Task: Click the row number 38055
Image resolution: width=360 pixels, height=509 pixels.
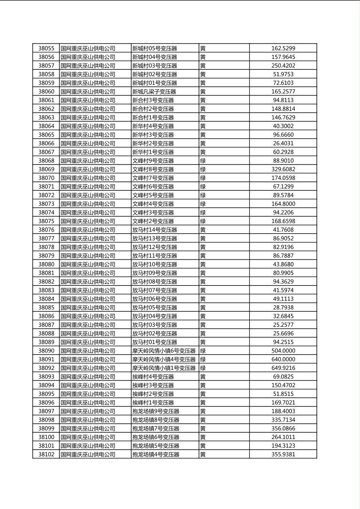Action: [x=46, y=48]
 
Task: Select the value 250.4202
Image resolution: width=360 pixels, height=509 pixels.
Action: [x=283, y=66]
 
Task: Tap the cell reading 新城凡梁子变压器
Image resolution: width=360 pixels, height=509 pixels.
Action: [x=154, y=92]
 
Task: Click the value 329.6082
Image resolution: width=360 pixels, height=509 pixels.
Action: [x=283, y=169]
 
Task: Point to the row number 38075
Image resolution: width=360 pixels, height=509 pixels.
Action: [x=46, y=221]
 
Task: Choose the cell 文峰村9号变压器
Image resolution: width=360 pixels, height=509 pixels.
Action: [x=153, y=161]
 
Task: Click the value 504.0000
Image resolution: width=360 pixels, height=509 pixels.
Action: [x=283, y=351]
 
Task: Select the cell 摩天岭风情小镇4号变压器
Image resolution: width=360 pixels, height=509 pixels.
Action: [x=164, y=359]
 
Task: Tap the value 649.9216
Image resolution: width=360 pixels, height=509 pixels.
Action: [x=283, y=368]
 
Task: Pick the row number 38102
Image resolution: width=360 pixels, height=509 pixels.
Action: [x=46, y=454]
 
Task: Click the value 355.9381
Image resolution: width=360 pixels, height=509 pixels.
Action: [x=283, y=454]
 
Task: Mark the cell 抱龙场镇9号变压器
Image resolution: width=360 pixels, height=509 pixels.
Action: [x=156, y=411]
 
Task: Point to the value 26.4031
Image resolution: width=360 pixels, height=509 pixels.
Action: [x=283, y=144]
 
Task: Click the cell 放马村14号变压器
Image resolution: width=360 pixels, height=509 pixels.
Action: [x=155, y=230]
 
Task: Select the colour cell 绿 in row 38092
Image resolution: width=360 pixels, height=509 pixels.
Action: [x=203, y=368]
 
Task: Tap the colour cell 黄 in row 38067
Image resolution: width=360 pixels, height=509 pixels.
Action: [x=203, y=152]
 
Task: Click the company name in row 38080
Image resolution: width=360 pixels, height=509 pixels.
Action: [x=88, y=265]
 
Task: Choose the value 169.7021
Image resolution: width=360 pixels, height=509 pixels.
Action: [x=283, y=403]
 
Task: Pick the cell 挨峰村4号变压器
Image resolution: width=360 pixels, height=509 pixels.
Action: [x=153, y=377]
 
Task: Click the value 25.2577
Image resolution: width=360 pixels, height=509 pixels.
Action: [x=283, y=325]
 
